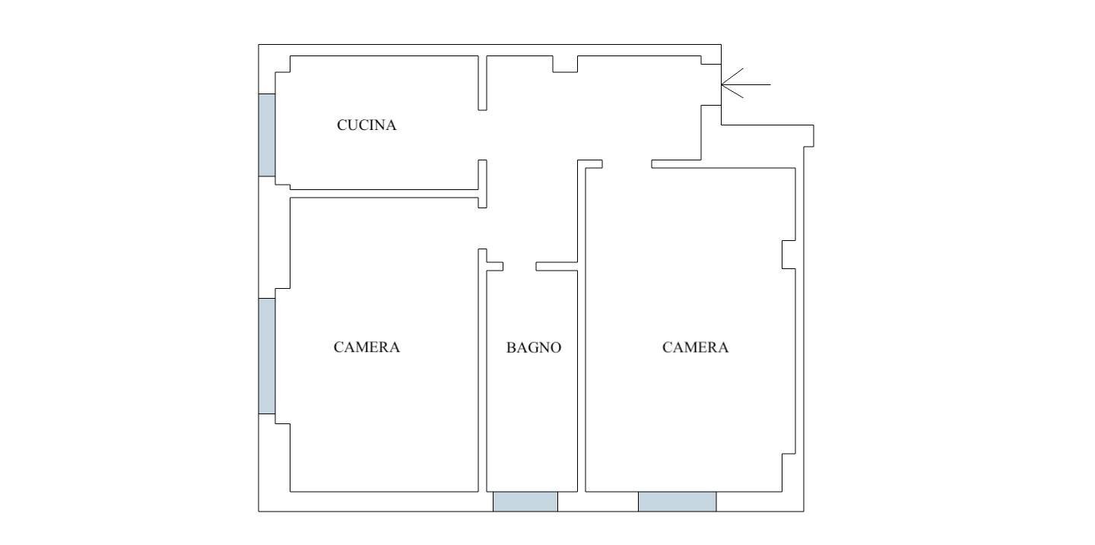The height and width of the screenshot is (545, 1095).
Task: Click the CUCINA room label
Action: (367, 125)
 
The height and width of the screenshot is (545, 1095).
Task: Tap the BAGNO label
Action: (534, 347)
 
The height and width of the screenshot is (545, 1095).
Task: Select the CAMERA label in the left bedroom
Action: (367, 347)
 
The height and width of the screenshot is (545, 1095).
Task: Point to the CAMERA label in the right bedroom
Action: (695, 347)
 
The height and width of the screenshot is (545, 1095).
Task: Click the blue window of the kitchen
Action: (267, 135)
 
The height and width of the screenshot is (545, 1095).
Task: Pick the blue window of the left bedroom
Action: (267, 356)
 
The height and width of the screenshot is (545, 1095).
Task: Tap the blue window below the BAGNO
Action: (525, 502)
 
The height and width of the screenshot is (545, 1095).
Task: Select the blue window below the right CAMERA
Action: (677, 502)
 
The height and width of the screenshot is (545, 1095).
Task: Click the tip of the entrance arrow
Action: (722, 84)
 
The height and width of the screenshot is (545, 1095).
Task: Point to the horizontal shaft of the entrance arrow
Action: (746, 84)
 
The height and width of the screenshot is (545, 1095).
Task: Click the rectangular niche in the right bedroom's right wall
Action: (789, 254)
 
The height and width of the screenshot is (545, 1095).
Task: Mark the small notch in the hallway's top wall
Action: (565, 64)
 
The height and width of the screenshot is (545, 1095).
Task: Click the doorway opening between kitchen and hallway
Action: (482, 135)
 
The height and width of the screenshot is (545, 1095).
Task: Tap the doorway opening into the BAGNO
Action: (519, 266)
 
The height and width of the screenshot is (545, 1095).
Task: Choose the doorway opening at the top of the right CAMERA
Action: (627, 164)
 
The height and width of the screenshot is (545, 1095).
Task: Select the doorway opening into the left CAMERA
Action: (482, 228)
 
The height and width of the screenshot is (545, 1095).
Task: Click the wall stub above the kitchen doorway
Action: (482, 83)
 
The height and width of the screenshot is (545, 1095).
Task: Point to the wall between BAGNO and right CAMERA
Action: (581, 382)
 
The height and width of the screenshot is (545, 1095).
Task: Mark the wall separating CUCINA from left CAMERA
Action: (384, 194)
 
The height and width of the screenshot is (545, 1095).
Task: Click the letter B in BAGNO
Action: (511, 347)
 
